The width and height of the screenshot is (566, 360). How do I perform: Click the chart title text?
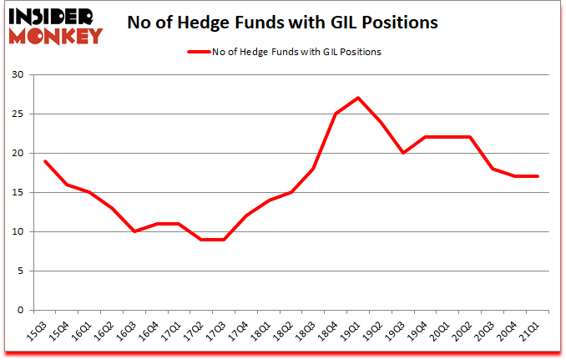[283, 23]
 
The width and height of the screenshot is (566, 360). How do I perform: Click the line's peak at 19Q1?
[357, 98]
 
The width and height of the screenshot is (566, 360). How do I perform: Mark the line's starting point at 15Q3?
[44, 160]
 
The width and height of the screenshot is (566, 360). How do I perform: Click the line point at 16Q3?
[135, 231]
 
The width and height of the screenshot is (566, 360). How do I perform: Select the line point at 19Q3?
[403, 153]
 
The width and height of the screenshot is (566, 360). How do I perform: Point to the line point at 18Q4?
[335, 114]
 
